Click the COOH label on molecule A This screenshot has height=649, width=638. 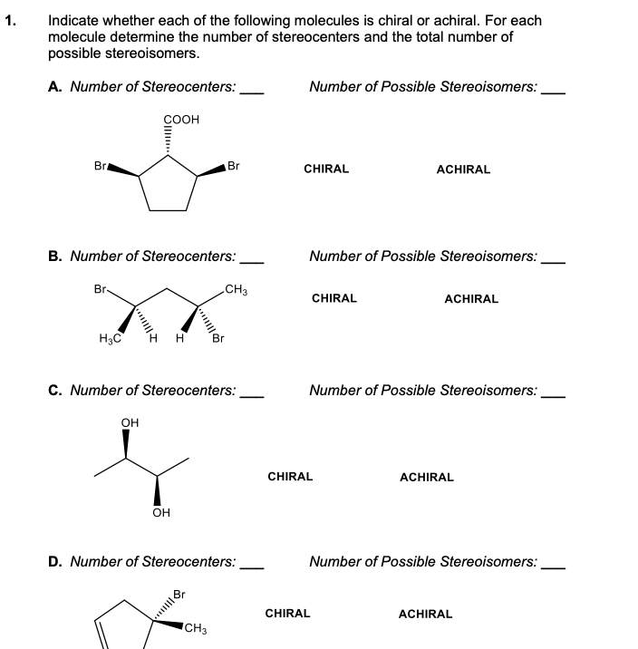pyautogui.click(x=182, y=119)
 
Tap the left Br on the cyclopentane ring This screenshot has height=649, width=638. pyautogui.click(x=101, y=166)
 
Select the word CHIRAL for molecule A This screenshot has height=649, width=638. pyautogui.click(x=326, y=170)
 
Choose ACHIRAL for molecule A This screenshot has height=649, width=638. pyautogui.click(x=463, y=170)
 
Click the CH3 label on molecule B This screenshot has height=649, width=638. pyautogui.click(x=237, y=290)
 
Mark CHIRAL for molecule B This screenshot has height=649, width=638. pyautogui.click(x=334, y=298)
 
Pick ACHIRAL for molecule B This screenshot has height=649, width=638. pyautogui.click(x=471, y=298)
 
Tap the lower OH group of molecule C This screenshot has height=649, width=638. pyautogui.click(x=161, y=513)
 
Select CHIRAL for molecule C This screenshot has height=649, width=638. pyautogui.click(x=291, y=476)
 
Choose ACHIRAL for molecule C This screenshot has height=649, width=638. pyautogui.click(x=427, y=477)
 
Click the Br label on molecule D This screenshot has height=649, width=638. pyautogui.click(x=179, y=595)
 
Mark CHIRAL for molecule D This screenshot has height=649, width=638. pyautogui.click(x=287, y=614)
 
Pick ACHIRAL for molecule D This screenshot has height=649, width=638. pyautogui.click(x=425, y=615)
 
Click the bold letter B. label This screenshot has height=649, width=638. pyautogui.click(x=55, y=257)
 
